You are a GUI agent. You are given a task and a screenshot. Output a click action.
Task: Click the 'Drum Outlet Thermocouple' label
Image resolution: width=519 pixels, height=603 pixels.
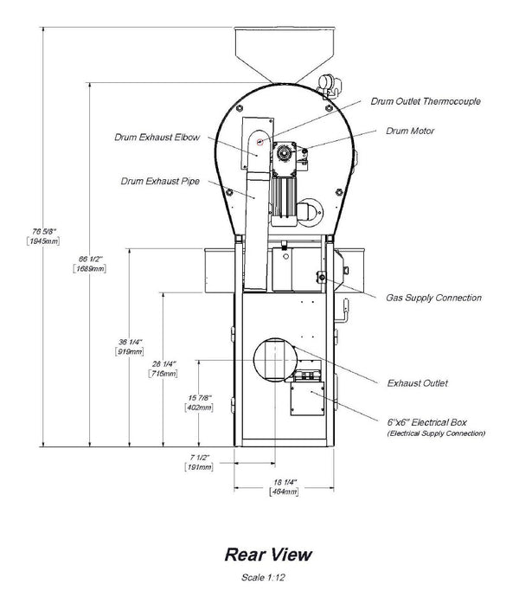pos(426,101)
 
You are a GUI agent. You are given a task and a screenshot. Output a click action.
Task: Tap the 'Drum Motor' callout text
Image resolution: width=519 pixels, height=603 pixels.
pos(410,131)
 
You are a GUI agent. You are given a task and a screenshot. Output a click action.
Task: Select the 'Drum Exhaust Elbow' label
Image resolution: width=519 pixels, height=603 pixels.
pos(157,138)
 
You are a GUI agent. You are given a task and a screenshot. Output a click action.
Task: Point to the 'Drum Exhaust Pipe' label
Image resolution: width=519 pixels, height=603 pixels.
pos(160,181)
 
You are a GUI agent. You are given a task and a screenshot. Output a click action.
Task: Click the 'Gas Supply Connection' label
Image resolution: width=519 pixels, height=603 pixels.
pos(433,298)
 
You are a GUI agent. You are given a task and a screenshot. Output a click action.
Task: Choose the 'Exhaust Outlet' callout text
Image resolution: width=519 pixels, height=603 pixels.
pos(418,383)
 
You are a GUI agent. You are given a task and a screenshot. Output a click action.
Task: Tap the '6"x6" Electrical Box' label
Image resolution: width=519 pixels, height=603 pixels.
pos(426,422)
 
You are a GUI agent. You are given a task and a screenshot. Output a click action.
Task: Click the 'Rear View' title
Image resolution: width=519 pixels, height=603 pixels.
pos(268,555)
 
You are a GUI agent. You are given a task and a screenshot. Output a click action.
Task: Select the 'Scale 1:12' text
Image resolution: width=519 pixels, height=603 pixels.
pos(263,577)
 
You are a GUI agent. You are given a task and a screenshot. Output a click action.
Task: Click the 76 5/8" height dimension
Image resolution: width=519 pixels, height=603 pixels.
pos(44,232)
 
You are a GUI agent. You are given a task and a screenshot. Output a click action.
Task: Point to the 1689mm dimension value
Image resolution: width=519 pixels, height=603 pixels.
pos(90,268)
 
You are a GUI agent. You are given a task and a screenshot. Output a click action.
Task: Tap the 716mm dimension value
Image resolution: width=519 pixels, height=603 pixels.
pos(163,374)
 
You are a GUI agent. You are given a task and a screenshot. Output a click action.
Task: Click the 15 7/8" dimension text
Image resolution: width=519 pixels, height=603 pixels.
pos(200,398)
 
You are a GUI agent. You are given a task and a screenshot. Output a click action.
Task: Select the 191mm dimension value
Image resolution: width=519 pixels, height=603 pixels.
pos(199,467)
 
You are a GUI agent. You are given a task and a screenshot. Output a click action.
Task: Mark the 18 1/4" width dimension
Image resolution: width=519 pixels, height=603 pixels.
pos(285,482)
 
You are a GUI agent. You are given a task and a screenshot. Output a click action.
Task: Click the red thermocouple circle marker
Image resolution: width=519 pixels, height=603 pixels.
pos(259,142)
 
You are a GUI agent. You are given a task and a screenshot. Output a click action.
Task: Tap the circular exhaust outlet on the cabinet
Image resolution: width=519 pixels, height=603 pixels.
pos(275,360)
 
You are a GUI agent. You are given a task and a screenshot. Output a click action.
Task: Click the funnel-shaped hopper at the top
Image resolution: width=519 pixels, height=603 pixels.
pos(285,55)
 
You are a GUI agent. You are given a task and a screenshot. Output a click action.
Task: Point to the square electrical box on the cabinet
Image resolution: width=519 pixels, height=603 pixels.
pos(307,398)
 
